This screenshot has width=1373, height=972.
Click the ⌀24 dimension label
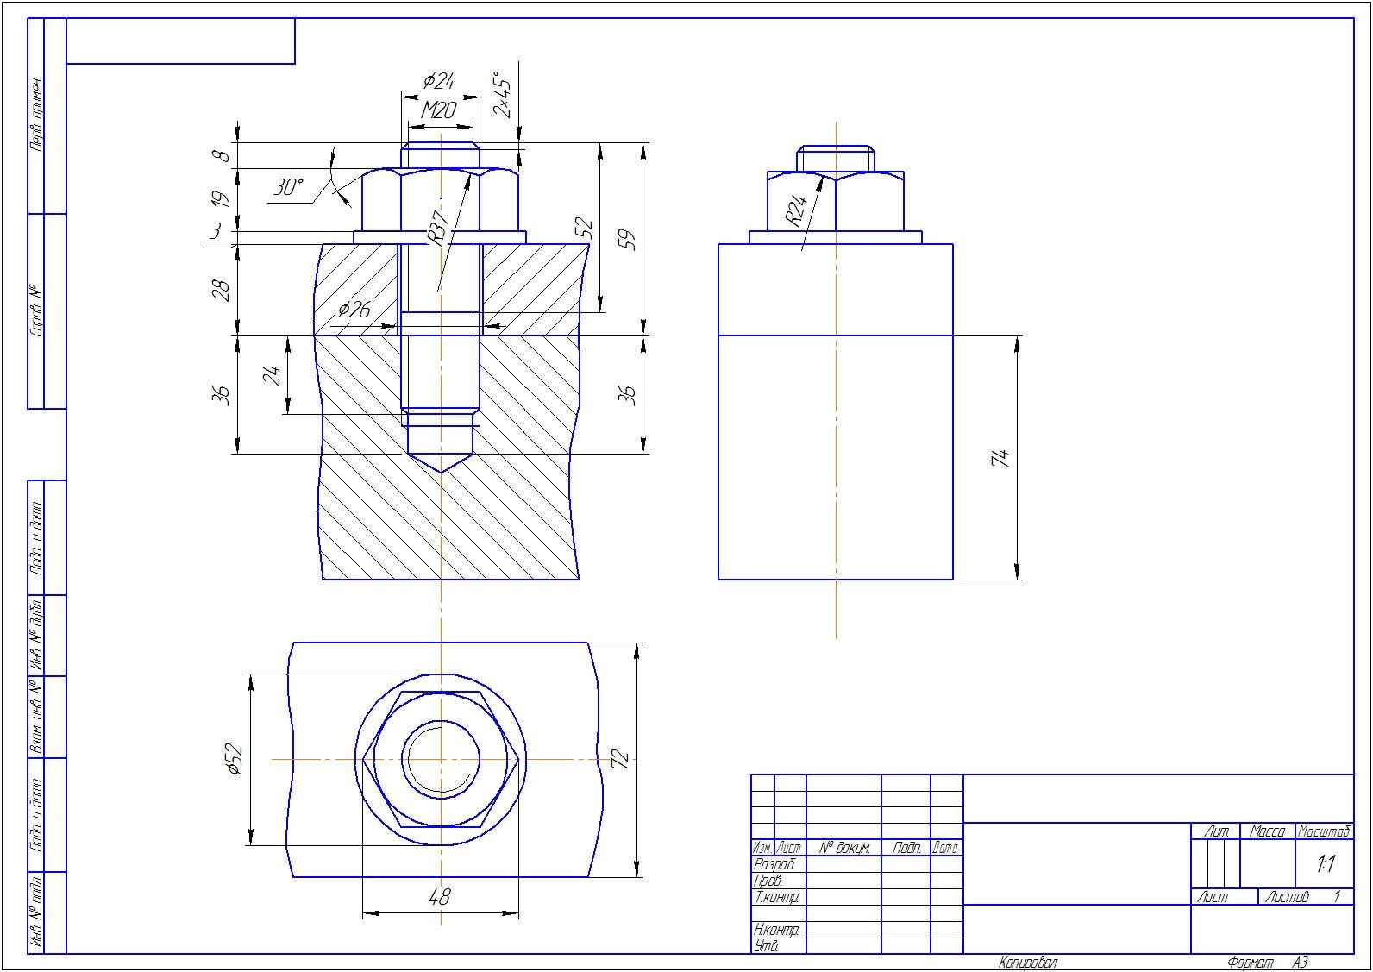click(x=439, y=82)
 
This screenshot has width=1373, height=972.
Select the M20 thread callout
click(x=439, y=110)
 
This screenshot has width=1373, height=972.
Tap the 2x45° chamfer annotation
click(x=502, y=93)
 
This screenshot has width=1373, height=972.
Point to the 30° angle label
click(x=289, y=187)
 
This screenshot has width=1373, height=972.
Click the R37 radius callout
click(x=437, y=228)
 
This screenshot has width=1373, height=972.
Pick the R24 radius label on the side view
click(x=796, y=210)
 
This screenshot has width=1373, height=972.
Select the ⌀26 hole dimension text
click(x=354, y=310)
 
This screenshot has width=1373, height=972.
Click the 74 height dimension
click(x=1001, y=458)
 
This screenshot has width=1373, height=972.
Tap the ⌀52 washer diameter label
click(x=235, y=760)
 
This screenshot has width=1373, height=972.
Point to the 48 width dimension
click(x=440, y=898)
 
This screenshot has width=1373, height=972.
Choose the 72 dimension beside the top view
click(x=621, y=759)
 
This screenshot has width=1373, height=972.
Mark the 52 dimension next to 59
click(x=586, y=229)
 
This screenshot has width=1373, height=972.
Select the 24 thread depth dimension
click(x=273, y=375)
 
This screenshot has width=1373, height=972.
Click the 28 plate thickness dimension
click(x=223, y=290)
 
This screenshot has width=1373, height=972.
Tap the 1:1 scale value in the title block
click(x=1325, y=864)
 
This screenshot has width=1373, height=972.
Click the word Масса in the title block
click(x=1267, y=832)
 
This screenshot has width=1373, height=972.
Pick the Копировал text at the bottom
click(x=1028, y=963)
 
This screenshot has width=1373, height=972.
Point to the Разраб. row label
click(x=774, y=864)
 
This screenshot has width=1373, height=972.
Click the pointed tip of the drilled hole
click(x=441, y=472)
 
